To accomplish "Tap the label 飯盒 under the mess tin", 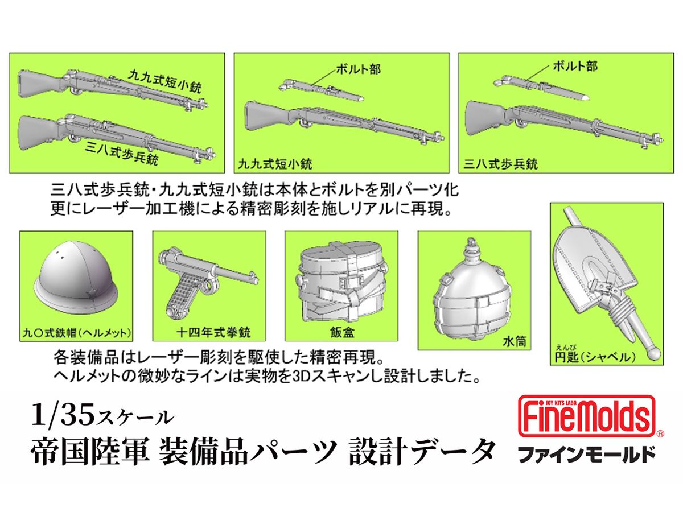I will tap(341, 331).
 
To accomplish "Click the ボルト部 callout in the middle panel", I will tap(358, 70).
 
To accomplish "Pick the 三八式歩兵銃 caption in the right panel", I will tap(501, 164).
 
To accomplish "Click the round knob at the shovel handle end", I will tap(655, 353).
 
